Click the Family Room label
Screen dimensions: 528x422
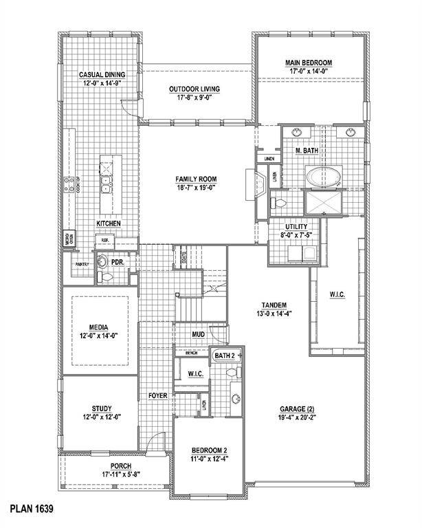tap(196, 179)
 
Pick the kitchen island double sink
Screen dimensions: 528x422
tap(106, 184)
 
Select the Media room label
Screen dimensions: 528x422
tap(96, 327)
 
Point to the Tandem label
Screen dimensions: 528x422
tap(273, 305)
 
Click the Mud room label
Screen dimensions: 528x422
tap(199, 335)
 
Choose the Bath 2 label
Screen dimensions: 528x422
tap(224, 355)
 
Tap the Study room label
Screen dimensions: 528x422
tap(101, 408)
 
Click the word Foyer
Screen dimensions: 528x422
tap(157, 396)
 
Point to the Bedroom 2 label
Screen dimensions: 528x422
tap(210, 452)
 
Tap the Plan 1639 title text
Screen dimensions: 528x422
tap(31, 509)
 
